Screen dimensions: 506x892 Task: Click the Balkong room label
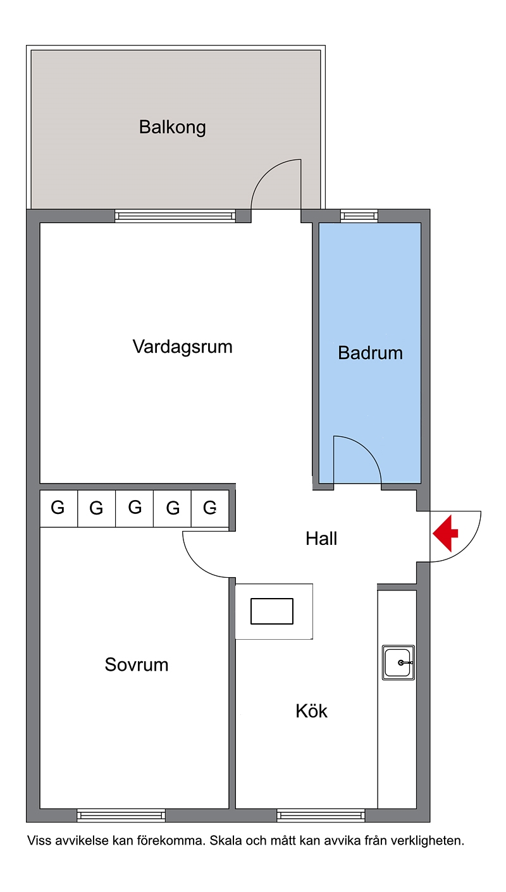click(x=172, y=128)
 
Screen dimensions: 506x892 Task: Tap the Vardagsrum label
click(x=183, y=347)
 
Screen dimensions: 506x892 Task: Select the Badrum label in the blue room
click(x=370, y=353)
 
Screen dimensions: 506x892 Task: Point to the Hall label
click(x=321, y=539)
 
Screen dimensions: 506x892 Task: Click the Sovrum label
click(x=136, y=664)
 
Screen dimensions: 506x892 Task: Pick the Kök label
click(x=311, y=711)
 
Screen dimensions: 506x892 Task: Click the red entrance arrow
click(x=445, y=533)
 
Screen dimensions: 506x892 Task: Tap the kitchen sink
click(x=398, y=663)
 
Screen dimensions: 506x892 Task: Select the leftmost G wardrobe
click(x=59, y=508)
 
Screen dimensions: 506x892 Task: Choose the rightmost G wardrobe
click(x=210, y=508)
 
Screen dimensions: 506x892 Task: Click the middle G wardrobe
click(x=134, y=508)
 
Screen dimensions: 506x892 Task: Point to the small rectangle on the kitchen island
click(x=272, y=611)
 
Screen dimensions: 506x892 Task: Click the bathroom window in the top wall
click(x=359, y=216)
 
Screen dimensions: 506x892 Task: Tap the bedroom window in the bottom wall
click(x=121, y=816)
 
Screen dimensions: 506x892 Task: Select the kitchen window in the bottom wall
click(x=321, y=816)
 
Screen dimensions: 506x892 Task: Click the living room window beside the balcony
click(x=175, y=216)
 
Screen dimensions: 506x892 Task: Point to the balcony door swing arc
click(x=266, y=174)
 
